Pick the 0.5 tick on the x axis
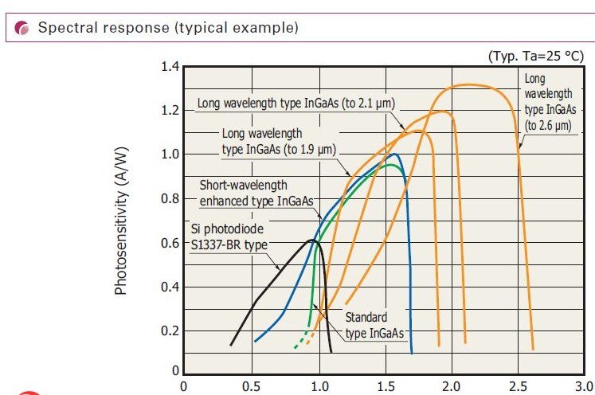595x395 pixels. pyautogui.click(x=251, y=386)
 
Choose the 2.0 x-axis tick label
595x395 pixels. pyautogui.click(x=452, y=386)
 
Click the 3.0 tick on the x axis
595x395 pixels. pyautogui.click(x=585, y=386)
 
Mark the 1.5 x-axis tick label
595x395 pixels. pyautogui.click(x=385, y=386)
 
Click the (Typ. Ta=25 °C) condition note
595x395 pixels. pyautogui.click(x=535, y=57)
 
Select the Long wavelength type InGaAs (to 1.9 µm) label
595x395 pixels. pyautogui.click(x=278, y=141)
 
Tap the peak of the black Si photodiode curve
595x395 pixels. pyautogui.click(x=313, y=240)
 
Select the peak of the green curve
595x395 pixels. pyautogui.click(x=389, y=165)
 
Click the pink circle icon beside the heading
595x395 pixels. pyautogui.click(x=22, y=28)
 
